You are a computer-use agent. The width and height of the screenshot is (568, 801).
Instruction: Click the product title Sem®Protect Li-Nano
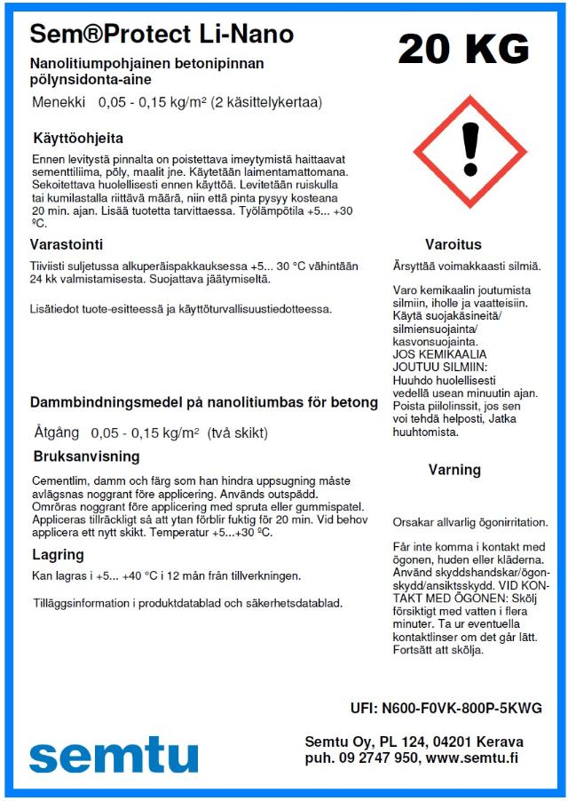(162, 35)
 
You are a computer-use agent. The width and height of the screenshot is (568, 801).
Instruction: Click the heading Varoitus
(453, 244)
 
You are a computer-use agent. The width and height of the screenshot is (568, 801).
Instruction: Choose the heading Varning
(454, 470)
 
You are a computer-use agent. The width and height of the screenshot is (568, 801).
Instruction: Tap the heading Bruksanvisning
(86, 457)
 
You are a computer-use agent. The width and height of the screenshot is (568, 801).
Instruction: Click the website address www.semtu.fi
(472, 758)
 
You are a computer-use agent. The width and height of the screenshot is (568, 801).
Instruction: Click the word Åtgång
(57, 433)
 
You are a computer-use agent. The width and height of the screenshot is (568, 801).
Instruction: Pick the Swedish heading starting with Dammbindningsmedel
(204, 402)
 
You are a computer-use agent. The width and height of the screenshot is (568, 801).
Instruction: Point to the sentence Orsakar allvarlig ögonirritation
(470, 522)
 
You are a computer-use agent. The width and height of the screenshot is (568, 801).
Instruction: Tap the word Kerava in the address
(500, 742)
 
